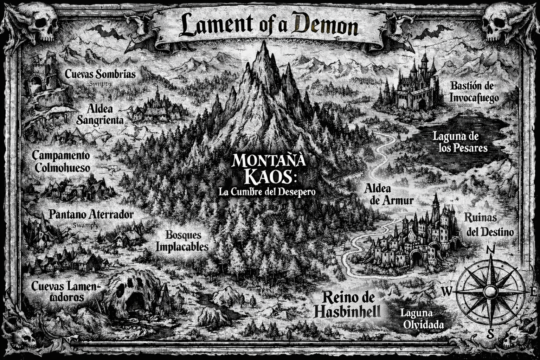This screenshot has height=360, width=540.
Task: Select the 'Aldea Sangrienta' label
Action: pos(100,115)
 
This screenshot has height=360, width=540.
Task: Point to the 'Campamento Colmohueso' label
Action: pos(62,161)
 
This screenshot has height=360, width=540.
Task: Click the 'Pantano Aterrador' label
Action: pos(91,214)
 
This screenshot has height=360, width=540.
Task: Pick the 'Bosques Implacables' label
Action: pos(182,241)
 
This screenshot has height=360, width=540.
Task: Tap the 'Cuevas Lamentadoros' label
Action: pos(65,291)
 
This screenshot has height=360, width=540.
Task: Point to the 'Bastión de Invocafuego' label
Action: pos(474,91)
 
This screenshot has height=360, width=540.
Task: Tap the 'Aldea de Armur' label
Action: pos(388,194)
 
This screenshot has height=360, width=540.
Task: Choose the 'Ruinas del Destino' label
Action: pos(489,225)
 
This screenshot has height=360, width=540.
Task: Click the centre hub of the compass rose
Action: pos(490,291)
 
